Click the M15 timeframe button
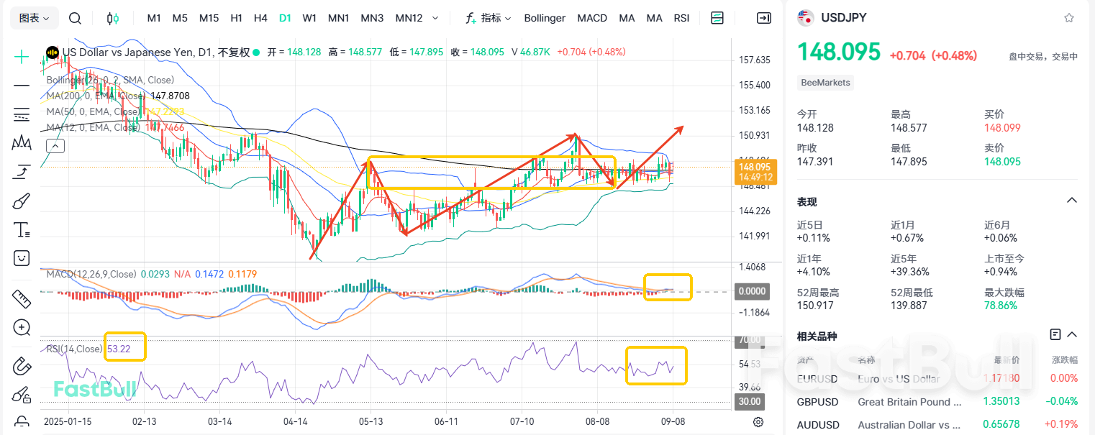[x=209, y=18]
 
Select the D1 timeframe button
[x=285, y=18]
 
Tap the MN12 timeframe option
[x=409, y=18]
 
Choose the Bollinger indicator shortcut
[x=545, y=18]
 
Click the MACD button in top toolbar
[x=592, y=18]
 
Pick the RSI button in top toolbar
[x=681, y=18]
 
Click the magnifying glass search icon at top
[x=75, y=18]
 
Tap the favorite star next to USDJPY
[x=1069, y=18]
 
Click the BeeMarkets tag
[x=826, y=83]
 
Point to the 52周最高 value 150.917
[x=817, y=305]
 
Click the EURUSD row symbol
[x=817, y=378]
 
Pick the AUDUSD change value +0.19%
[x=1063, y=424]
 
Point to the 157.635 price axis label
[x=755, y=60]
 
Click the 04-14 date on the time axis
[x=296, y=421]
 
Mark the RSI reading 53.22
[x=119, y=349]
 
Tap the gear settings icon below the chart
[x=758, y=422]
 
